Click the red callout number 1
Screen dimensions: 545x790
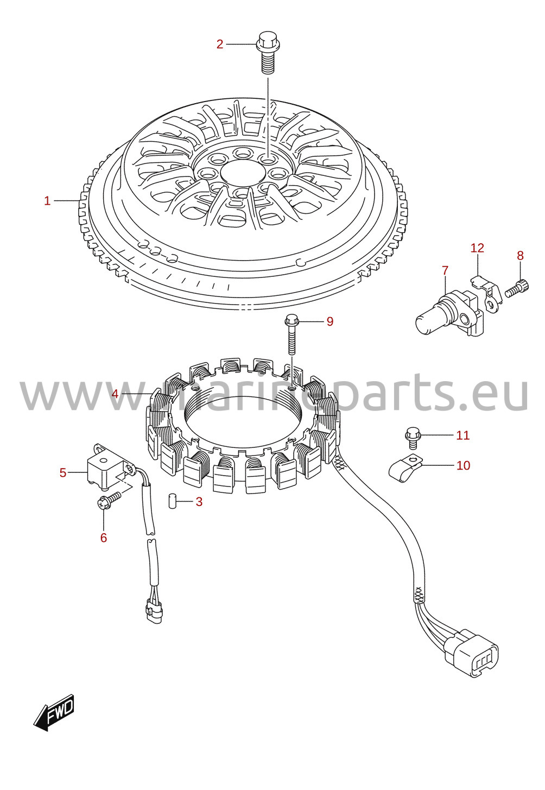pos(47,201)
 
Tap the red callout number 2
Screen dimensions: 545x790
pos(220,45)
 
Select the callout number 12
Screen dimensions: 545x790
pos(477,248)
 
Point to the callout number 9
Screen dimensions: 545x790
pos(329,321)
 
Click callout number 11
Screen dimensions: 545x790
pos(463,435)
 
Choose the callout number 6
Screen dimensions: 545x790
pos(103,538)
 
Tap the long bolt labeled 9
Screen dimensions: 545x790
pos(291,334)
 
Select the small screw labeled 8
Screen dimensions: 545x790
pos(517,288)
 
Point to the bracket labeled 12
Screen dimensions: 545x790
pos(487,294)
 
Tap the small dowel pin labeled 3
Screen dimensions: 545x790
pos(172,501)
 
